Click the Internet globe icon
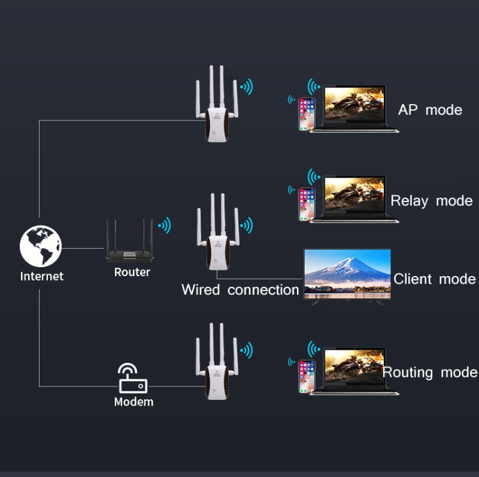[x=40, y=246]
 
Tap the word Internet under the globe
[x=42, y=276]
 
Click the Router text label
[x=132, y=272]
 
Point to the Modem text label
[x=133, y=402]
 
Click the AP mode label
[x=430, y=110]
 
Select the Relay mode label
[x=431, y=201]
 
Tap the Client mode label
[x=434, y=279]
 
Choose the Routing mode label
[x=429, y=372]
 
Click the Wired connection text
[x=240, y=290]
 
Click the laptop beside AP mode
[x=355, y=108]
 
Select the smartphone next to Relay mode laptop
[x=307, y=205]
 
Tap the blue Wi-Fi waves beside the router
[x=165, y=225]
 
